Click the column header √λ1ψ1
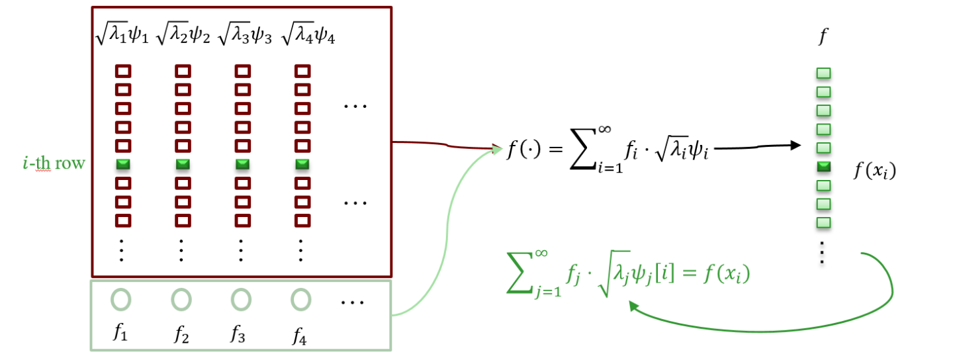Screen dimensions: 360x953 pyautogui.click(x=122, y=34)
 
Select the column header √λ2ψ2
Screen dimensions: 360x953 pyautogui.click(x=183, y=34)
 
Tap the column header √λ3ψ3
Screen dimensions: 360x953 pyautogui.click(x=244, y=34)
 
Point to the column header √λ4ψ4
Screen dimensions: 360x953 pyautogui.click(x=308, y=34)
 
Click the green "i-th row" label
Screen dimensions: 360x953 pyautogui.click(x=54, y=163)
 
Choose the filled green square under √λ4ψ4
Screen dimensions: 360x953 pyautogui.click(x=302, y=163)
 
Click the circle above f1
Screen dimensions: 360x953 pyautogui.click(x=121, y=300)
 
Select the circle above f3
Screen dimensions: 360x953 pyautogui.click(x=241, y=300)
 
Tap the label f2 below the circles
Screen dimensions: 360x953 pyautogui.click(x=181, y=335)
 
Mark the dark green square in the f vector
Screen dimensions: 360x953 pyautogui.click(x=824, y=166)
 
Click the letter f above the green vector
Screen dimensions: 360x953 pyautogui.click(x=822, y=36)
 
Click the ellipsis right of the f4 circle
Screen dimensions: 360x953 pyautogui.click(x=353, y=302)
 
